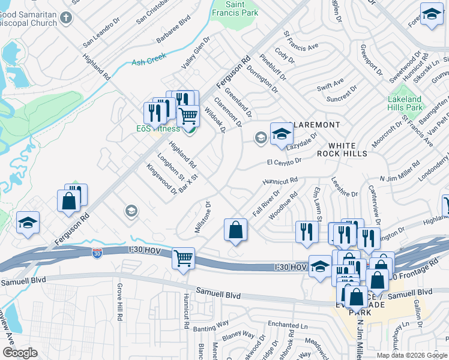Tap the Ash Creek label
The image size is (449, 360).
148,61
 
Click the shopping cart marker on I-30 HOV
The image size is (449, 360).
183,259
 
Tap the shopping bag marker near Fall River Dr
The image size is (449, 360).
236,230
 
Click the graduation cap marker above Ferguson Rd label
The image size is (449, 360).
28,223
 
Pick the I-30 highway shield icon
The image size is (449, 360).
97,254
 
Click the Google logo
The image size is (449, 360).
20,352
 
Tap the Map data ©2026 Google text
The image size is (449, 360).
411,355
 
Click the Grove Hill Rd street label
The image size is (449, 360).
120,301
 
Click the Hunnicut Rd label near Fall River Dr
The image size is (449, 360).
280,181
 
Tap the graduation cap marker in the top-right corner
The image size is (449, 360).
432,14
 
